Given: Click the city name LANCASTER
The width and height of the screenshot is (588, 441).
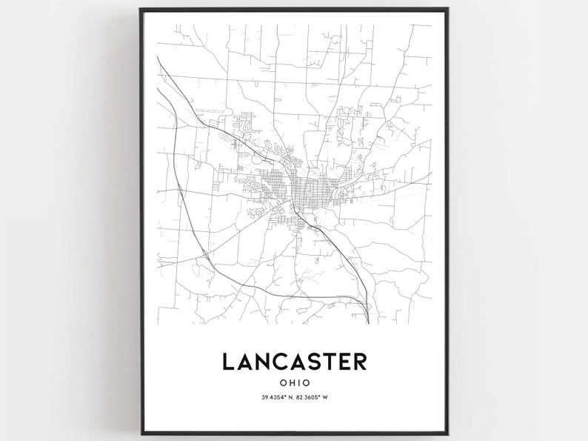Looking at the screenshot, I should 294,361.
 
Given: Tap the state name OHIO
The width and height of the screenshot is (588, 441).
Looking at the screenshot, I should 294,383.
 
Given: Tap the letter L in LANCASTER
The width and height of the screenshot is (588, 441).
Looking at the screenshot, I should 229,361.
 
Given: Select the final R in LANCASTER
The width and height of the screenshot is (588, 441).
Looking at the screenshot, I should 360,361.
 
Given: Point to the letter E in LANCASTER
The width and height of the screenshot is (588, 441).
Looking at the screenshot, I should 345,361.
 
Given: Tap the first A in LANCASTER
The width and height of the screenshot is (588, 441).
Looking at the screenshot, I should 245,361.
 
